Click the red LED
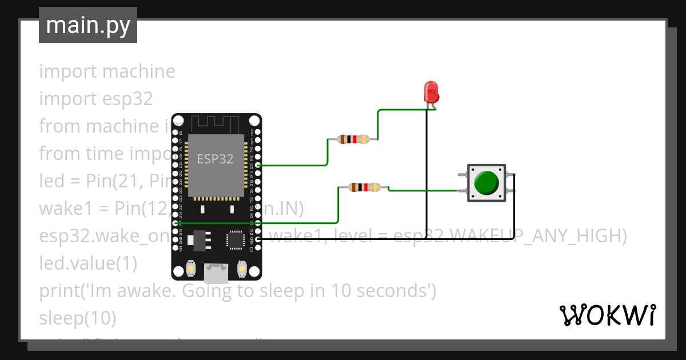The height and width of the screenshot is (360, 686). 431,92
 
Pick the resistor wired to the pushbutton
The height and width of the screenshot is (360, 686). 364,187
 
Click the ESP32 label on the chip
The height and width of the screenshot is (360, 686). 215,159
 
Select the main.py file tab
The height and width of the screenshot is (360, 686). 88,25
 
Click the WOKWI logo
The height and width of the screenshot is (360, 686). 607,315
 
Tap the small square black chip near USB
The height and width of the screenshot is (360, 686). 236,239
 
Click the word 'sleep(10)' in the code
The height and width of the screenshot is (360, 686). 77,318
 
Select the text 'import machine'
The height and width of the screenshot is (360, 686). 107,71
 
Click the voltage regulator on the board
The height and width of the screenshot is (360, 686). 198,240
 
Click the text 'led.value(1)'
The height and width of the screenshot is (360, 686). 88,263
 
